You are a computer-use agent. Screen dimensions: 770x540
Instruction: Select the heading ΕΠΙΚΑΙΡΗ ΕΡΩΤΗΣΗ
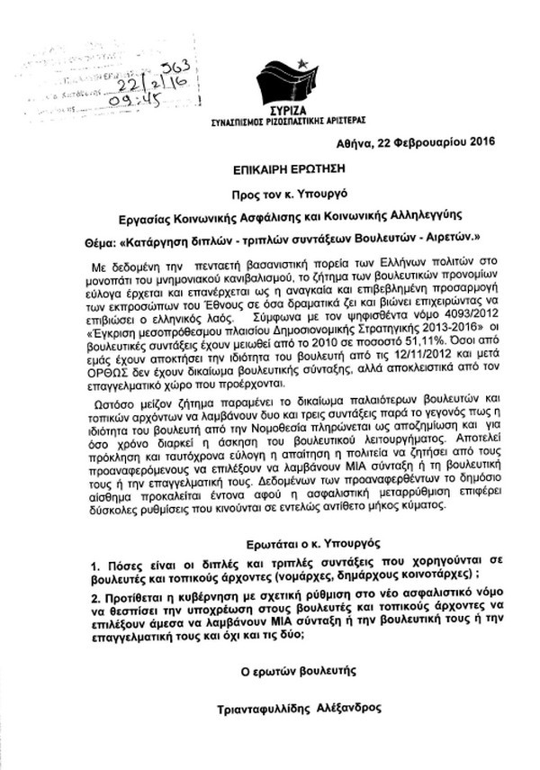coord(268,168)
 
